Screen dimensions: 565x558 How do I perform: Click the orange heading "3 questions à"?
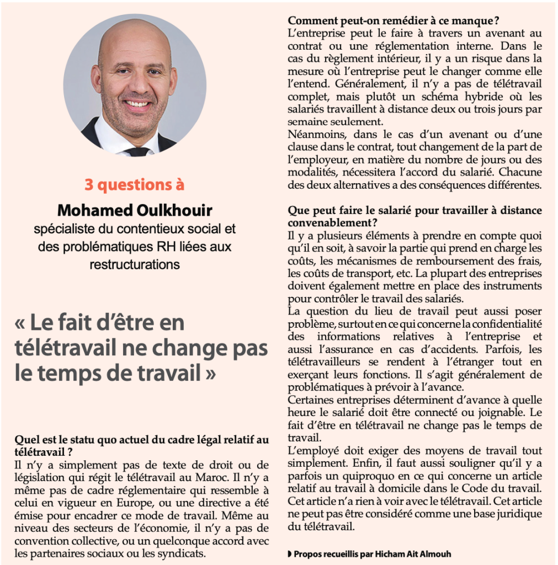pyautogui.click(x=134, y=184)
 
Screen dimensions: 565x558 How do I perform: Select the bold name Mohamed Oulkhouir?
pyautogui.click(x=134, y=210)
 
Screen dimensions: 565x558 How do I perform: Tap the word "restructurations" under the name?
pyautogui.click(x=135, y=264)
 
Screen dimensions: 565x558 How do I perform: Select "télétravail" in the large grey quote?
pyautogui.click(x=67, y=348)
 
